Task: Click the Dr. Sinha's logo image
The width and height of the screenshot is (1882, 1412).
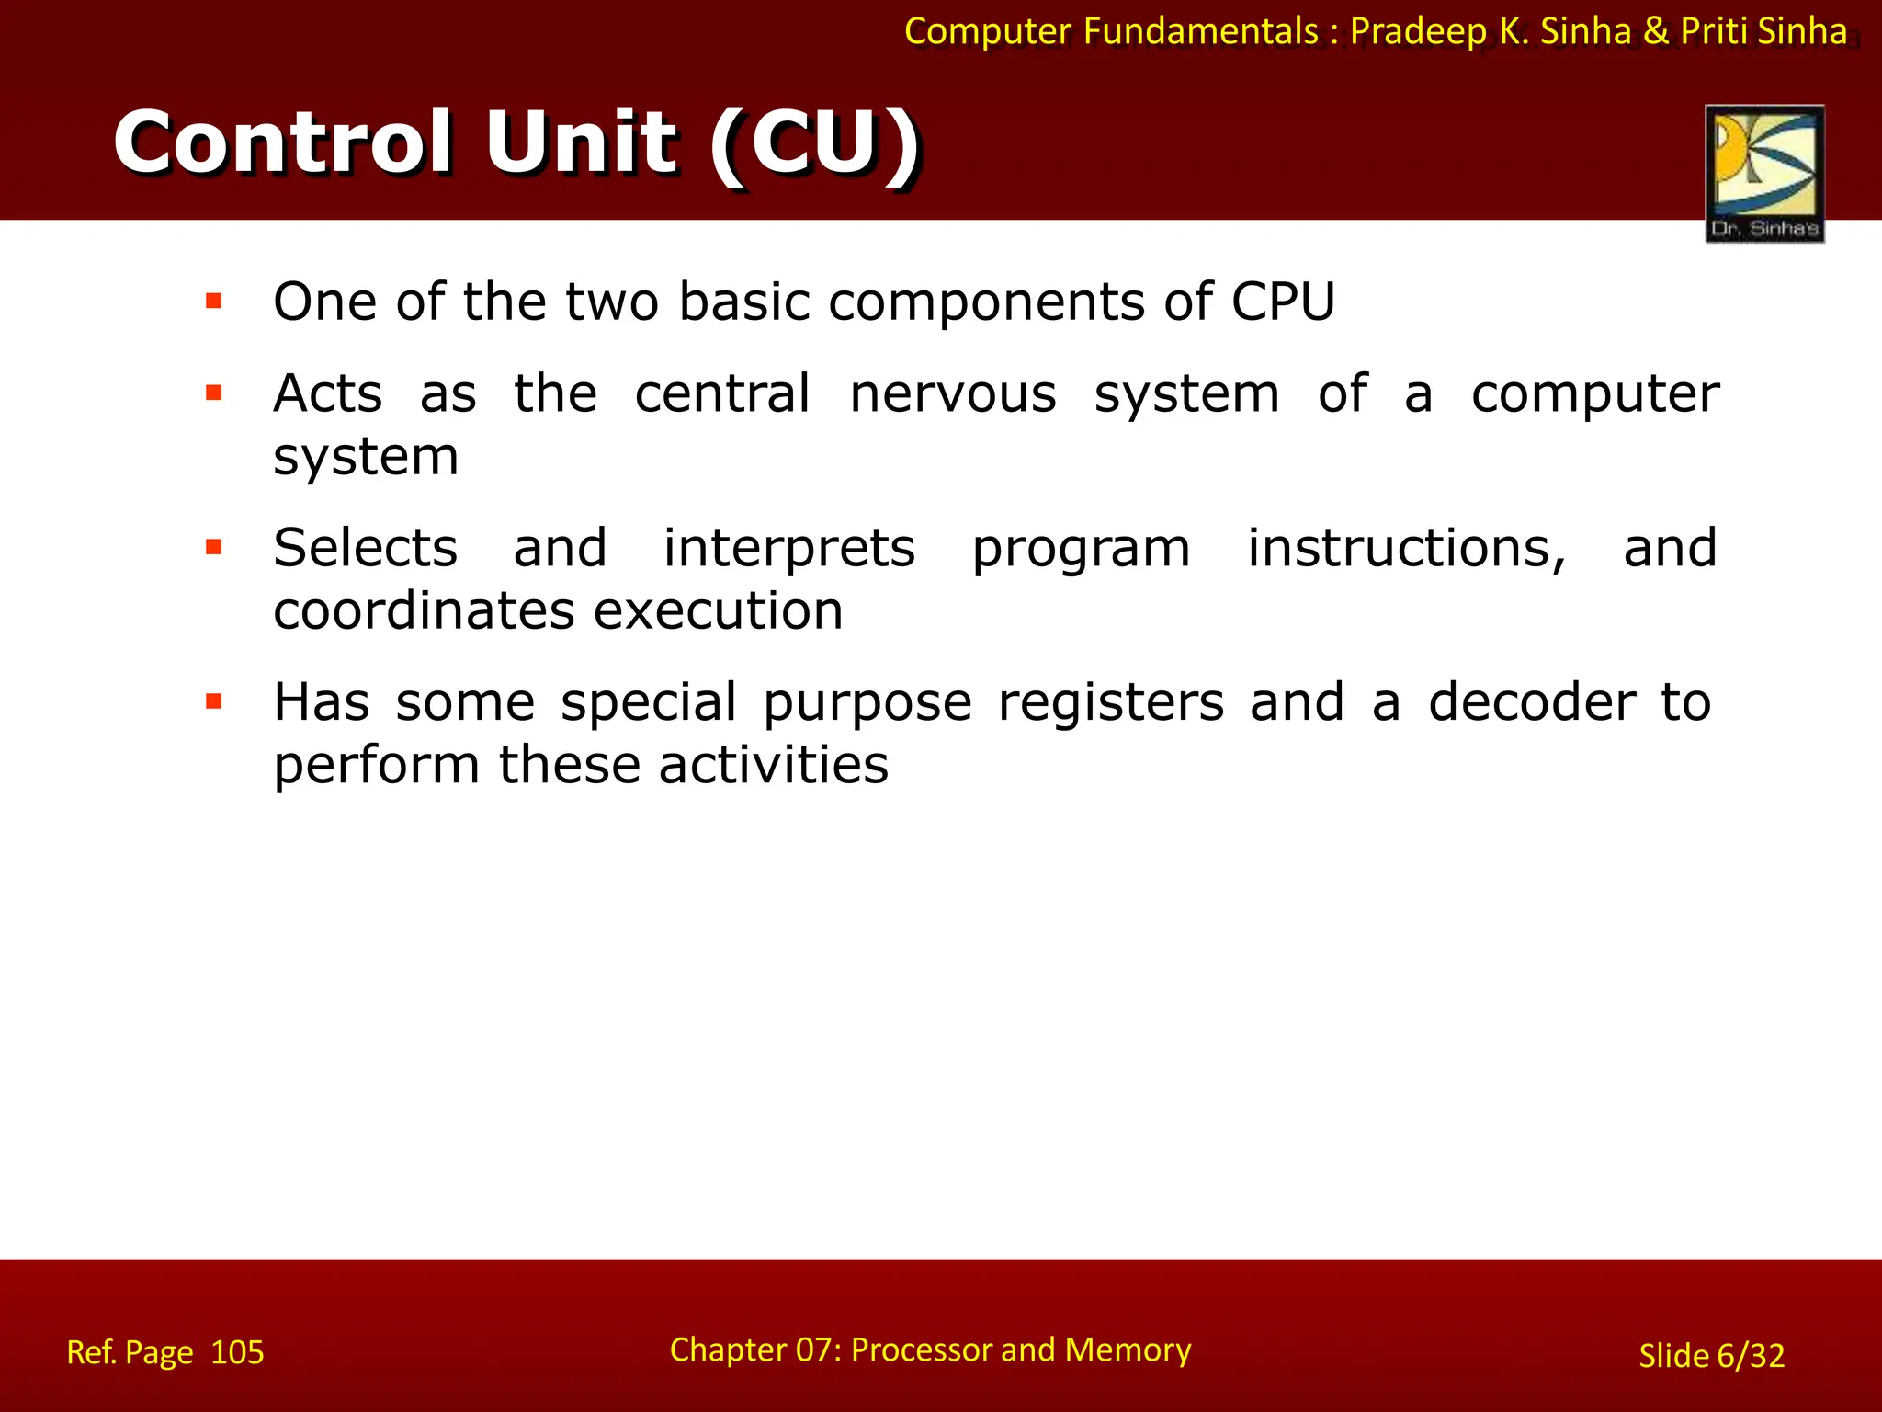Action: click(1763, 173)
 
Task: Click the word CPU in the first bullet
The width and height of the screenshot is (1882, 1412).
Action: click(1283, 302)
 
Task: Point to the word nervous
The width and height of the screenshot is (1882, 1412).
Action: click(953, 394)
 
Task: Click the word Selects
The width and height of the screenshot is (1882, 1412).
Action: click(365, 548)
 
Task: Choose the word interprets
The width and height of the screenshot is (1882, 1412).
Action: click(788, 549)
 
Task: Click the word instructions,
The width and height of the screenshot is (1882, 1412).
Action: click(1406, 549)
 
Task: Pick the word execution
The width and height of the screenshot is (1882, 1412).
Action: click(718, 611)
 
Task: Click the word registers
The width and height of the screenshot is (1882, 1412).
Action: click(1111, 703)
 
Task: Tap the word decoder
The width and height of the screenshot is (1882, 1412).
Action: click(1532, 702)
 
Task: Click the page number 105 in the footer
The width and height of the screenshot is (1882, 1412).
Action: click(237, 1352)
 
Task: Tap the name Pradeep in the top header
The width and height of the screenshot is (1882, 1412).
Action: click(1418, 31)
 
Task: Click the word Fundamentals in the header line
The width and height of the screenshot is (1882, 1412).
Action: click(1201, 31)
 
